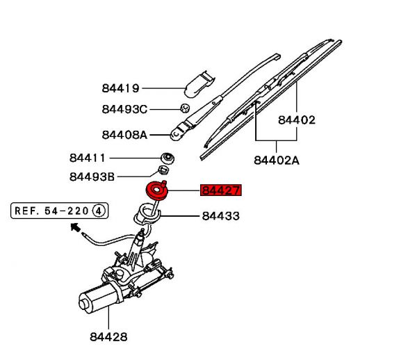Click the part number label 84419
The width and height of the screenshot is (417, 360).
tap(120, 88)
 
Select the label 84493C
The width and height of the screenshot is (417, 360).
tap(124, 109)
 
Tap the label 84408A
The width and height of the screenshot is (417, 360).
tap(124, 135)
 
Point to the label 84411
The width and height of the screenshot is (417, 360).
tap(87, 158)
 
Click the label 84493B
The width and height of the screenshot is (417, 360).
tap(92, 177)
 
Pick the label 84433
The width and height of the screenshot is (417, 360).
tap(220, 216)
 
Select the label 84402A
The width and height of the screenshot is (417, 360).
tap(276, 160)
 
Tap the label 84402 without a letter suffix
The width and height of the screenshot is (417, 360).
tap(297, 120)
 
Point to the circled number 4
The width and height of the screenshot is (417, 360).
tap(99, 209)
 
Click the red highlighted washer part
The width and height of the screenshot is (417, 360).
tap(156, 190)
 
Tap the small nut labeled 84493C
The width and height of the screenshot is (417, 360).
tap(185, 108)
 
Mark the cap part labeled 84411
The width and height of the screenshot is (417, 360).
tap(167, 157)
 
